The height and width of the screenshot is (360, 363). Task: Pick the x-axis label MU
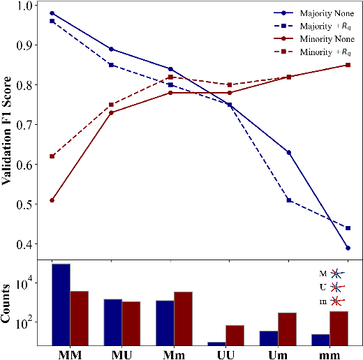pos(121,354)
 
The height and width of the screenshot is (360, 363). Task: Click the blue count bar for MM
pos(61,304)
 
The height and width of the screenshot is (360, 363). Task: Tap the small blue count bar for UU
pos(216,343)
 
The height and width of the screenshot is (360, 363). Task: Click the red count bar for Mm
pos(183,318)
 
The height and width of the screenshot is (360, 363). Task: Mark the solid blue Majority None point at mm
pos(328,248)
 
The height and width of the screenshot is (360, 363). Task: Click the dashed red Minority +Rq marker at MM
pos(52,156)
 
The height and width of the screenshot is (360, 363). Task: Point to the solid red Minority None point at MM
pos(52,200)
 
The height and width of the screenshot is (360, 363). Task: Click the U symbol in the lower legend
pos(323,287)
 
